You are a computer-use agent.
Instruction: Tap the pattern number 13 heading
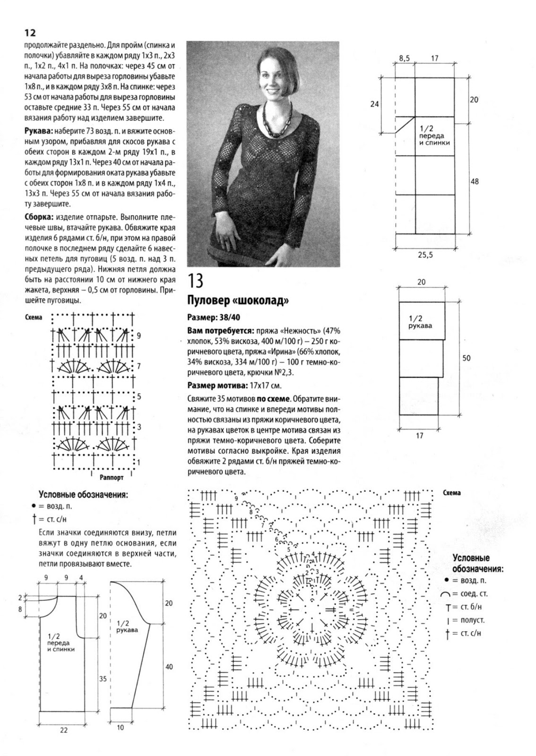click(x=196, y=281)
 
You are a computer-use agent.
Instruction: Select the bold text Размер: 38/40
click(x=216, y=318)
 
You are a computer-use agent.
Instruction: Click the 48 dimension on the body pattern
click(x=474, y=181)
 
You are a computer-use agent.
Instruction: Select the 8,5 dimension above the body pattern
click(x=405, y=59)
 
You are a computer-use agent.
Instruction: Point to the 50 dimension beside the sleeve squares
click(x=466, y=358)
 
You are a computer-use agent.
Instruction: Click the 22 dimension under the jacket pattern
click(x=64, y=730)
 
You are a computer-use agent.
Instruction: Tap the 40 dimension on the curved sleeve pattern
click(x=169, y=667)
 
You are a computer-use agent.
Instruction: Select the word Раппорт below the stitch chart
click(x=112, y=477)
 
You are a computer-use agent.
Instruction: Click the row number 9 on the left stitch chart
click(x=138, y=336)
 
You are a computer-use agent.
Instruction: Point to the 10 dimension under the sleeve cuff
click(x=120, y=727)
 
